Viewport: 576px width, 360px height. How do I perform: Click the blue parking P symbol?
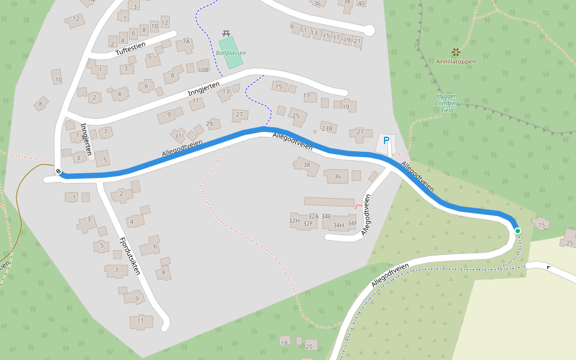(386, 141)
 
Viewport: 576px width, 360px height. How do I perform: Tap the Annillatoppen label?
(455, 61)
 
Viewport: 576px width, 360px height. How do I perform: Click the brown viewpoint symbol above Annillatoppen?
(455, 52)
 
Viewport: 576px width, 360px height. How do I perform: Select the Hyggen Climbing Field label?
(448, 103)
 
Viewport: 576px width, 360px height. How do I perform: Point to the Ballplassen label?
(231, 53)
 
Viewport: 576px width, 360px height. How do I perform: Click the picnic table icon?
(226, 33)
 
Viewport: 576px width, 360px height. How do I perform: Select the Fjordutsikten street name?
(130, 256)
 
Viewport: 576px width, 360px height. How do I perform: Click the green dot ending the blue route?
(517, 231)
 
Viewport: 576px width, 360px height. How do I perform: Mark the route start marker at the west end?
(59, 172)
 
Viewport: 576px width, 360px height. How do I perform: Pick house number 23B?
(326, 128)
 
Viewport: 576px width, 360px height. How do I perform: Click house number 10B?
(203, 70)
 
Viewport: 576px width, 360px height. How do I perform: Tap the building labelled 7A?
(186, 42)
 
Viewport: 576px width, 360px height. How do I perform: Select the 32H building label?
(294, 221)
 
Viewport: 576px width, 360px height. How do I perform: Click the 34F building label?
(352, 223)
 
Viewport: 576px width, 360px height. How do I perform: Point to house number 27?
(239, 114)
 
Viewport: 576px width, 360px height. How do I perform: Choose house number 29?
(209, 124)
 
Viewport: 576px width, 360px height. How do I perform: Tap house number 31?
(178, 136)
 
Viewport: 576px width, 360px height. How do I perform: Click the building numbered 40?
(361, 3)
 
